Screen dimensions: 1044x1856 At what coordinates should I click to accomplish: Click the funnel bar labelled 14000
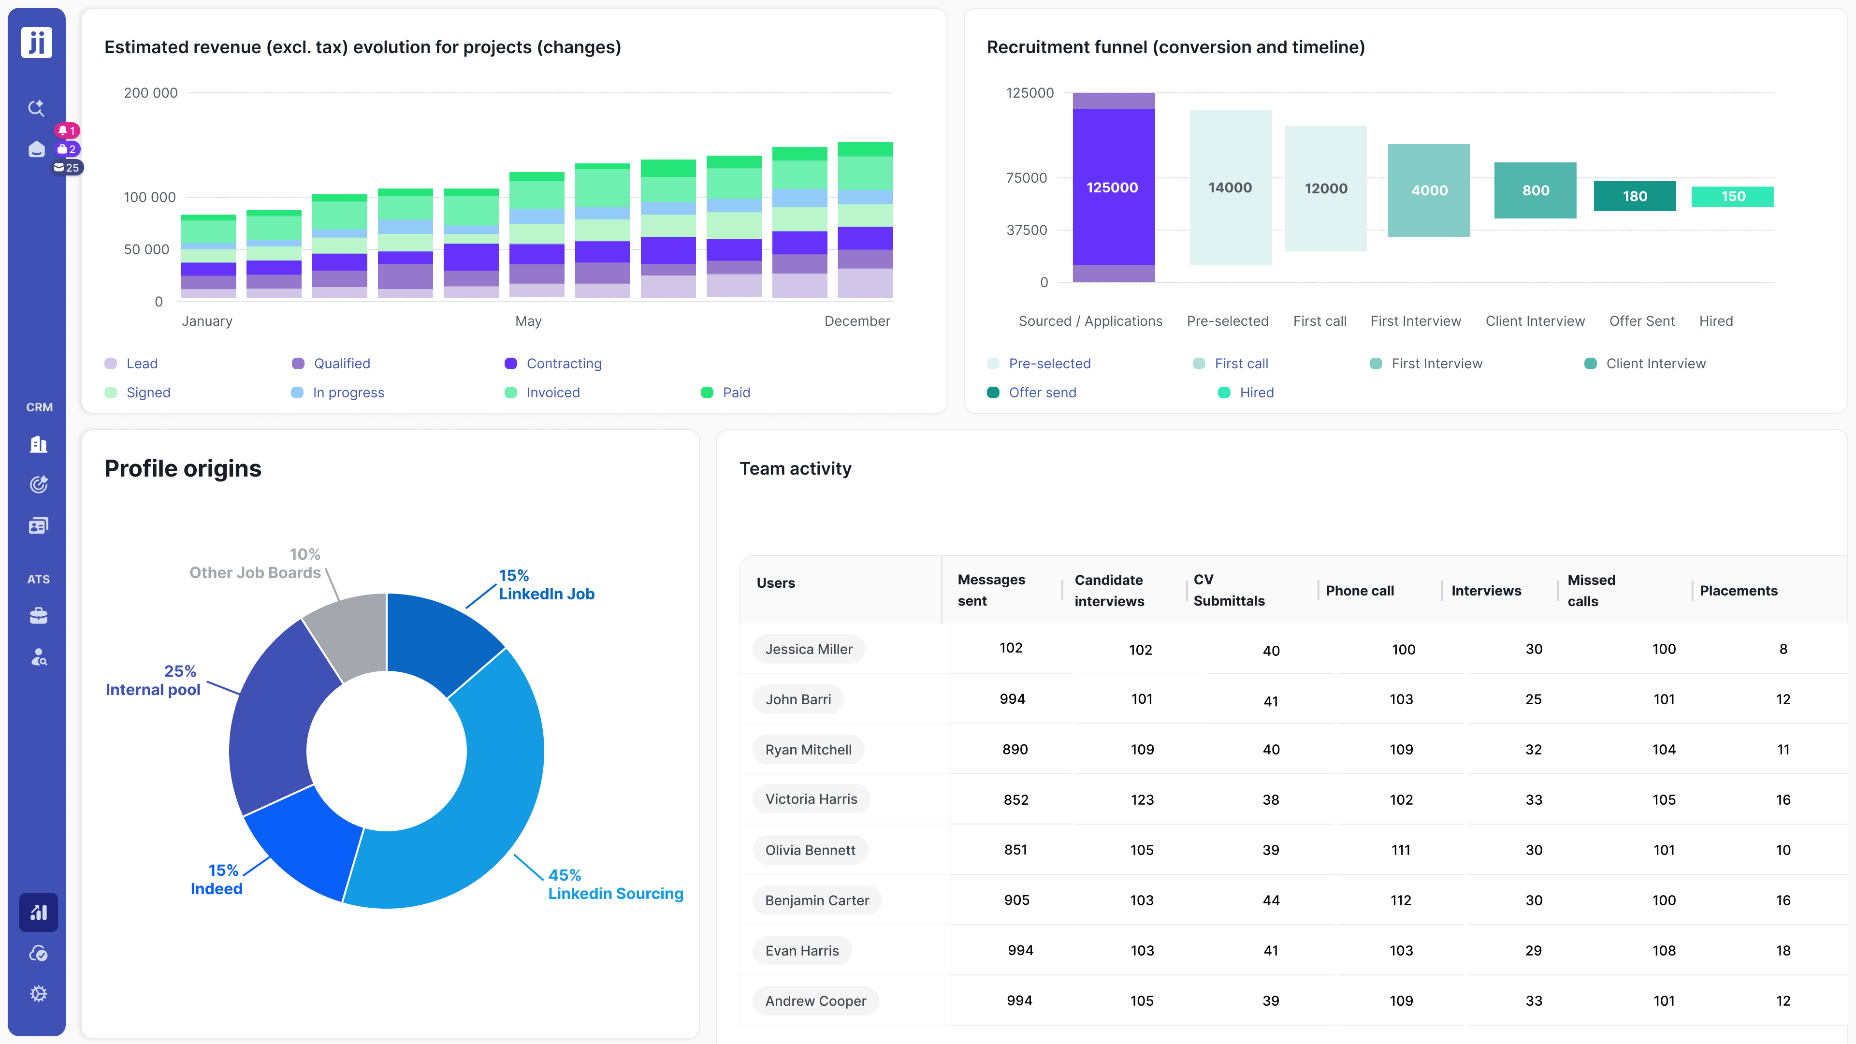click(x=1230, y=188)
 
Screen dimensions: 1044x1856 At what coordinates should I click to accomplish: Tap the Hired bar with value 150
click(x=1732, y=196)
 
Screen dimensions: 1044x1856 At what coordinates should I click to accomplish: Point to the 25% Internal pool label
click(x=154, y=680)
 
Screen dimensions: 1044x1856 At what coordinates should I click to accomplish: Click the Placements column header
click(x=1738, y=591)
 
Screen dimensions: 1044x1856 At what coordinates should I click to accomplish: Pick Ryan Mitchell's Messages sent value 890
click(x=1015, y=749)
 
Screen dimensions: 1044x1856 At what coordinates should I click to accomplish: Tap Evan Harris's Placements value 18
click(x=1783, y=950)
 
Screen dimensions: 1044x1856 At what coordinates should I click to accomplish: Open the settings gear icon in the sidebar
click(x=39, y=994)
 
